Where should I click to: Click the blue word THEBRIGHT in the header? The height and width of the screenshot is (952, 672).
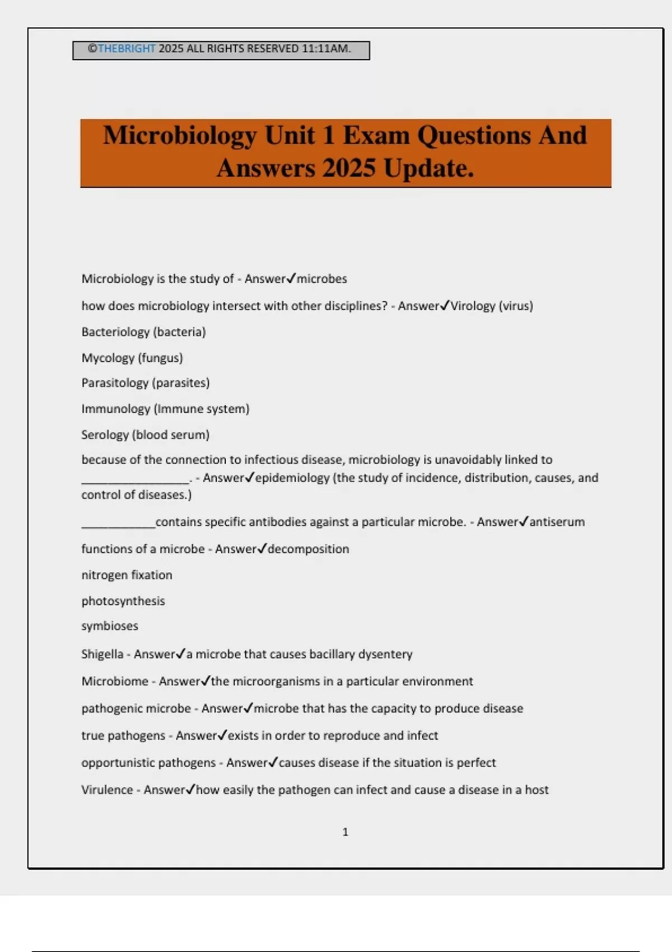[126, 49]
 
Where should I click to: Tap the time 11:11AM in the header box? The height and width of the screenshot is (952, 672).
[326, 49]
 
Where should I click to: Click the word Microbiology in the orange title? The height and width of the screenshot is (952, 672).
[180, 136]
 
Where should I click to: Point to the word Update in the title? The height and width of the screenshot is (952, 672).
[428, 168]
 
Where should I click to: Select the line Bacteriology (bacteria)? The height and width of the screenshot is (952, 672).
[143, 332]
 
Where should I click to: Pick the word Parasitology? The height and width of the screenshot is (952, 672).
[115, 383]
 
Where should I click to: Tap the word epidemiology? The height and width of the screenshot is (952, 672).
[292, 478]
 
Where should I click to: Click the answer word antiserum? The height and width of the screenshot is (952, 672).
[557, 522]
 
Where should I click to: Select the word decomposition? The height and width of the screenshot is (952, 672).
[308, 549]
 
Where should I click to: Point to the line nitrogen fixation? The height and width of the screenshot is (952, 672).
[127, 575]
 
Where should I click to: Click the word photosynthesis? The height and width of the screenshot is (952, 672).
[123, 601]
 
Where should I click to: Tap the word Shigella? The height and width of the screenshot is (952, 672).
[102, 654]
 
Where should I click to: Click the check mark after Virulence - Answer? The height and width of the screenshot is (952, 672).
[190, 789]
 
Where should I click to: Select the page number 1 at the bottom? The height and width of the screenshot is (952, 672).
[345, 832]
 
